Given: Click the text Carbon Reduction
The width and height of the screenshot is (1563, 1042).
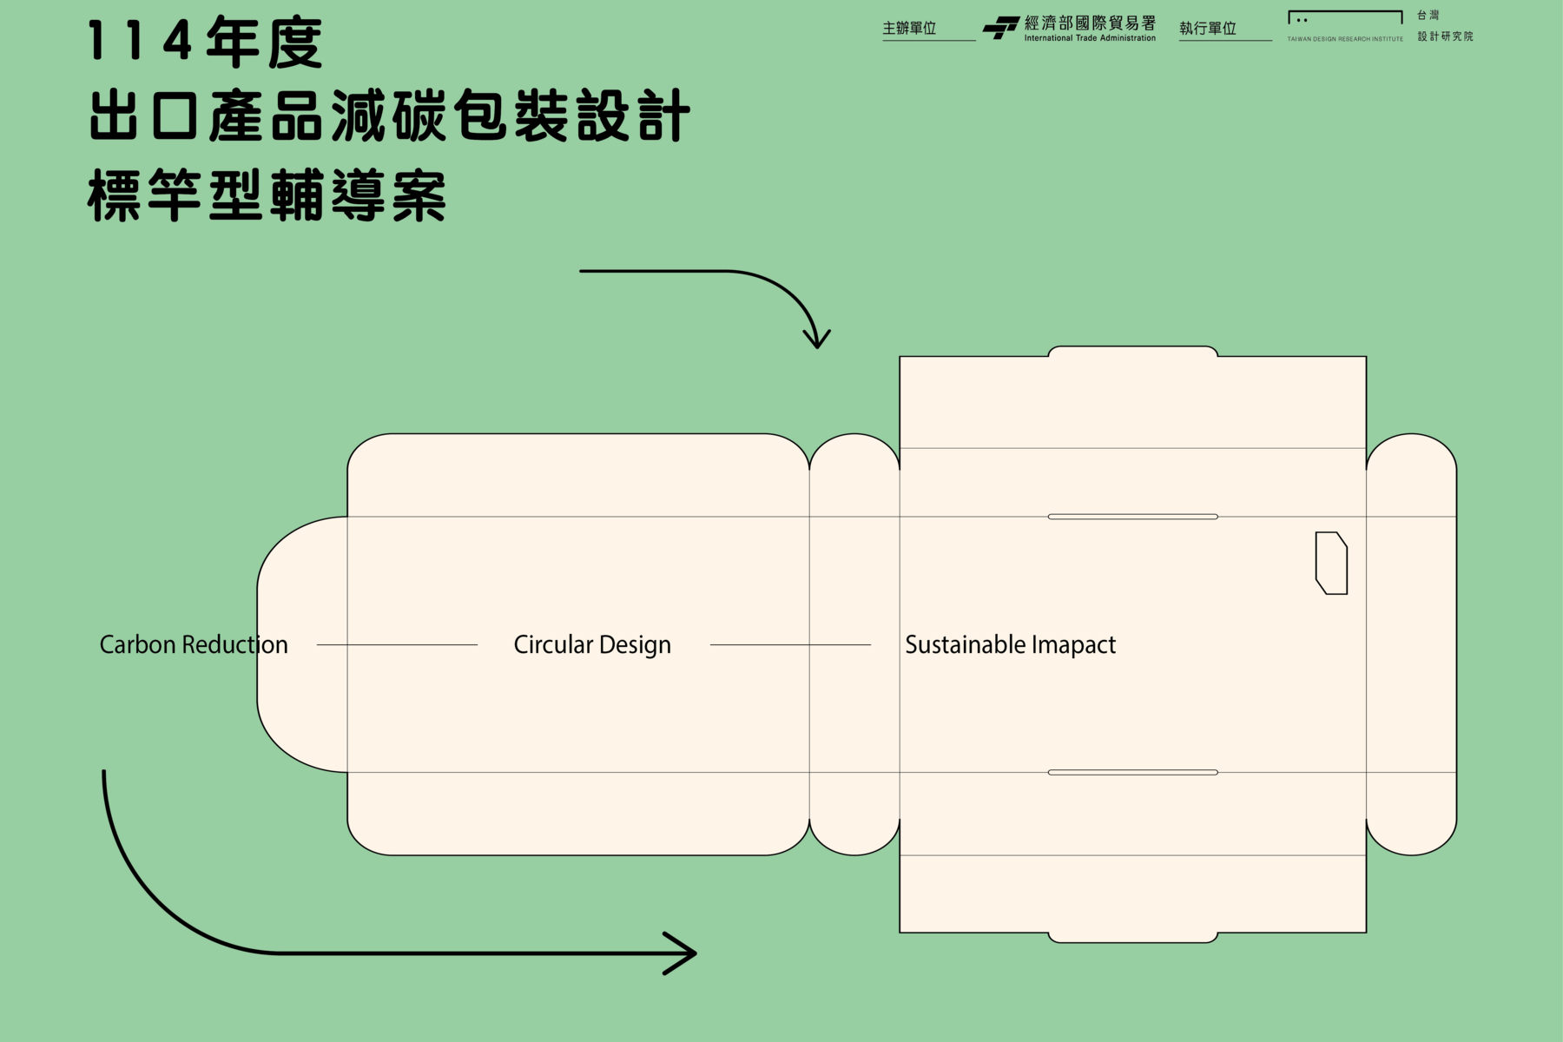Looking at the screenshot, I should point(193,644).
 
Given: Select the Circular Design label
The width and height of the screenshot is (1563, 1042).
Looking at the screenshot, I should point(592,644).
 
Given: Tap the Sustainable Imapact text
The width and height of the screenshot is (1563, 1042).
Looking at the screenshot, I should point(1010,644).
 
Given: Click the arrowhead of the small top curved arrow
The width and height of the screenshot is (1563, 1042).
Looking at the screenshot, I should point(816,340).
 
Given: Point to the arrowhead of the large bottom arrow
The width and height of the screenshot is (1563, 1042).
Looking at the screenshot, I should point(684,953).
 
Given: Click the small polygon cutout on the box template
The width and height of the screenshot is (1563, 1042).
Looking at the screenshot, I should point(1331,563).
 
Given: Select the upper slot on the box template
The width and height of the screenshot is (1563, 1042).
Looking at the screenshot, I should point(1132,517).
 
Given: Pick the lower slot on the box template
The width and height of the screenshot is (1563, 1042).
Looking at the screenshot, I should point(1132,772).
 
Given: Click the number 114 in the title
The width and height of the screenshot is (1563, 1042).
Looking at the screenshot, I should point(139,42).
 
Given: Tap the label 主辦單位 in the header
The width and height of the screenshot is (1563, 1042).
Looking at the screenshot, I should point(909,29).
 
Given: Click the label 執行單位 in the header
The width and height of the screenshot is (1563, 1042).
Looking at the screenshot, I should point(1207,29).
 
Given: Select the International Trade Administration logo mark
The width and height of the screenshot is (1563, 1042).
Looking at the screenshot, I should point(1000,28).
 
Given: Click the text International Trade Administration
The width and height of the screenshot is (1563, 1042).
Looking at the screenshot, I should point(1090,38).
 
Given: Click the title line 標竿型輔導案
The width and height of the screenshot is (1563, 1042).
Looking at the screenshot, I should point(267,195).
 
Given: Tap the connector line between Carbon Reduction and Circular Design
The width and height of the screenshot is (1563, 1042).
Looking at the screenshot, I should point(397,644).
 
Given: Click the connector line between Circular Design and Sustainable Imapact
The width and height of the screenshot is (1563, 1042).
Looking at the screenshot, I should point(790,644).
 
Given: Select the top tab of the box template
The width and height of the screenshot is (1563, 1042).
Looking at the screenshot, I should point(1132,352).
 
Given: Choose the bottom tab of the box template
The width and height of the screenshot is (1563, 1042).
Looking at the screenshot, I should point(1132,937).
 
